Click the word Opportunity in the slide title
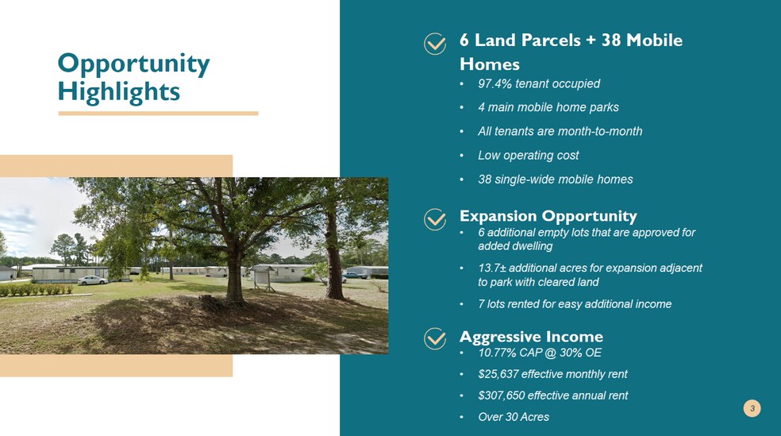coord(133,64)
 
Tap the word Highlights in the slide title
coord(119,91)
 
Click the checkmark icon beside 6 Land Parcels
coord(435,44)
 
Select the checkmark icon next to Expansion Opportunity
coord(435,219)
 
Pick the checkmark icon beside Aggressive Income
coord(435,339)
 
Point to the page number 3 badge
coord(752,408)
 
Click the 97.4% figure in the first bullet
coord(494,83)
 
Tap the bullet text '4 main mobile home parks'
coord(548,107)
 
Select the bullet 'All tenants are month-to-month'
coord(560,131)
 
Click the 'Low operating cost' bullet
coord(528,155)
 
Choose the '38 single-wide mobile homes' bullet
coord(555,179)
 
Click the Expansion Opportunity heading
coord(548,216)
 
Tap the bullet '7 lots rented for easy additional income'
coord(575,304)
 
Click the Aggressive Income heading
coord(531,337)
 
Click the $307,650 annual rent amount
coord(501,395)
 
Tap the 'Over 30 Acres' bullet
coord(513,417)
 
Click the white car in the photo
coord(92,280)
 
